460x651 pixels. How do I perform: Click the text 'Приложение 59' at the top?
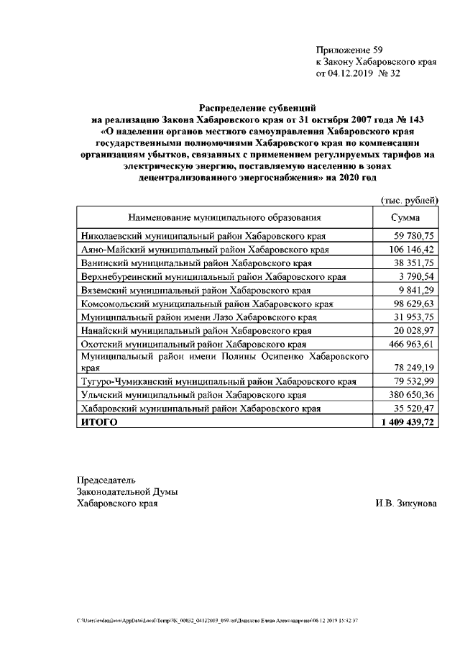(349, 50)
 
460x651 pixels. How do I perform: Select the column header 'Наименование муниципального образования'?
(224, 217)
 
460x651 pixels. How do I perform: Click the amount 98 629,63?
(413, 304)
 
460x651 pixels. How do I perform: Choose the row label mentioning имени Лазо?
(198, 317)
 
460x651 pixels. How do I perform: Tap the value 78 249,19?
(413, 367)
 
